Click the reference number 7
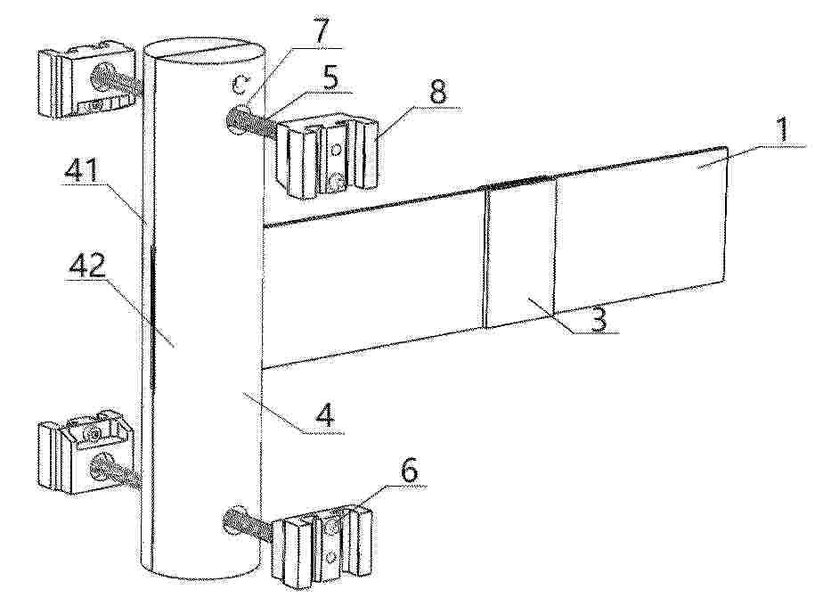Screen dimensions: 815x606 click(x=320, y=30)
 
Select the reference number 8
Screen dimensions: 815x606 click(x=436, y=94)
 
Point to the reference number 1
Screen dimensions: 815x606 click(x=782, y=130)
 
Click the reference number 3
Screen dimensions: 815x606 click(x=599, y=318)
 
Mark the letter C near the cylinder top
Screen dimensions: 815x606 click(x=240, y=84)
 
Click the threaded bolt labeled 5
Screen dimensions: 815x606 click(x=250, y=126)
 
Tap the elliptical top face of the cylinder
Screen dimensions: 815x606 click(x=205, y=51)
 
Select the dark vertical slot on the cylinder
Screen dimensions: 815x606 click(x=152, y=317)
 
